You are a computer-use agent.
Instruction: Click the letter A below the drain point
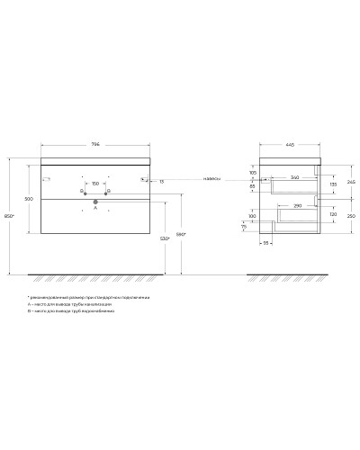point(94,209)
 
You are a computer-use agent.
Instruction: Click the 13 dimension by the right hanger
point(161,182)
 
